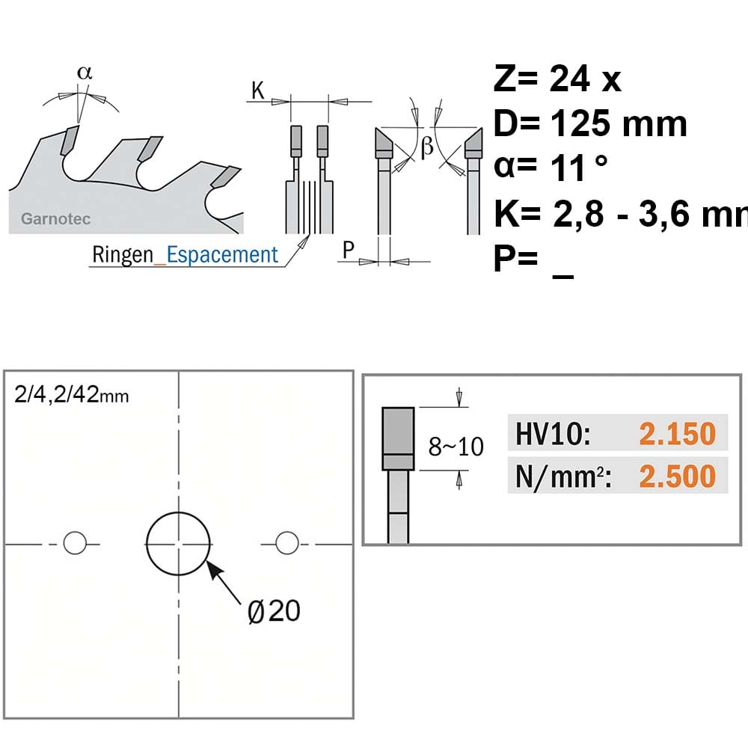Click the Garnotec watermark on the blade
56,219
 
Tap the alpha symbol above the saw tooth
85,73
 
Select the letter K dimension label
258,90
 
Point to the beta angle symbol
427,146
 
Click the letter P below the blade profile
349,250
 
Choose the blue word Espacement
222,255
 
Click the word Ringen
123,255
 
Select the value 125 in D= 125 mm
580,123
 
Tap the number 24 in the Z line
569,79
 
